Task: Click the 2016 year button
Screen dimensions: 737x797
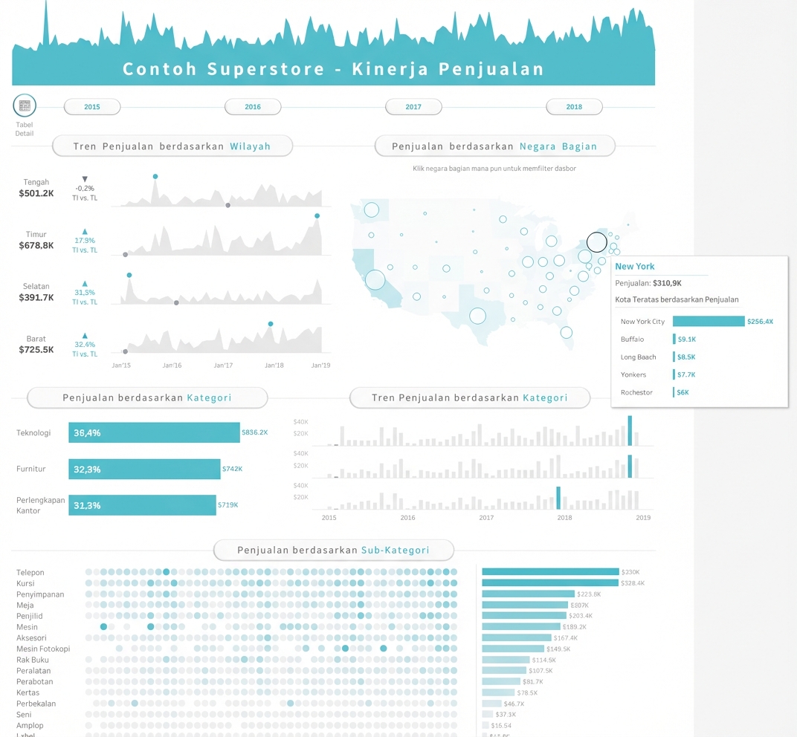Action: (x=253, y=107)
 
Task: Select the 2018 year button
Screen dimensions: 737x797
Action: (x=574, y=107)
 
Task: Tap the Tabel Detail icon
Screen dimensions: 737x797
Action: (x=25, y=105)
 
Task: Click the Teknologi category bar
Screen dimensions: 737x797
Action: (x=154, y=432)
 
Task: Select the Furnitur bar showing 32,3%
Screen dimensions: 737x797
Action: (x=144, y=469)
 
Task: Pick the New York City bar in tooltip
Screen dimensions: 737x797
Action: (x=709, y=321)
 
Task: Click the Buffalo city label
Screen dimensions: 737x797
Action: (x=632, y=340)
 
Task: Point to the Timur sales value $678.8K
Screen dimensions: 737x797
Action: (x=36, y=245)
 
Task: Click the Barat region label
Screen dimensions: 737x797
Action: (x=36, y=339)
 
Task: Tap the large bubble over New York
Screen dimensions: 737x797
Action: (x=596, y=242)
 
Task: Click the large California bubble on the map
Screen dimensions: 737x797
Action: (x=375, y=279)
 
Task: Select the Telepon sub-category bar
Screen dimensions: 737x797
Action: (x=550, y=571)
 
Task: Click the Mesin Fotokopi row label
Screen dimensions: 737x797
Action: (x=43, y=649)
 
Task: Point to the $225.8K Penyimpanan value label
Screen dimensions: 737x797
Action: (x=589, y=594)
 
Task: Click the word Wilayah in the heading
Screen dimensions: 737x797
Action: (x=250, y=146)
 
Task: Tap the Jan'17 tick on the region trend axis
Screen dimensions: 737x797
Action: (x=223, y=366)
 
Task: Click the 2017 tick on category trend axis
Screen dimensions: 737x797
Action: (x=486, y=518)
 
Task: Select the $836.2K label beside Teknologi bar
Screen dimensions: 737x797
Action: (x=254, y=432)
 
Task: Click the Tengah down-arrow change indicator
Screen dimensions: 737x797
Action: (x=85, y=179)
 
